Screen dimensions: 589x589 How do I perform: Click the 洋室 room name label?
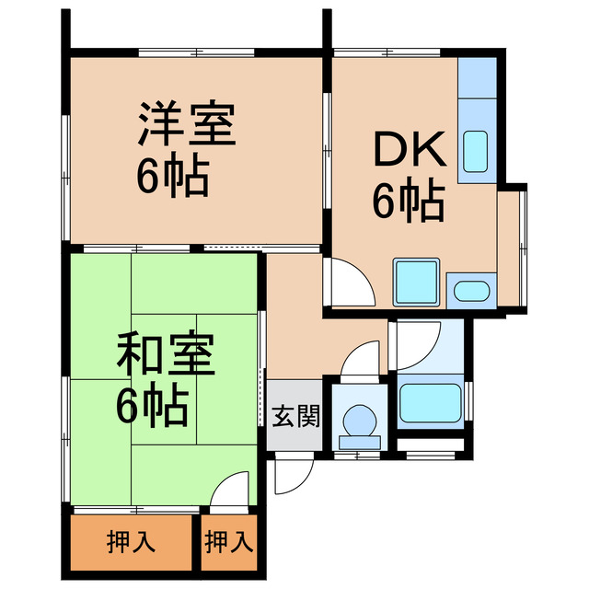[188, 125]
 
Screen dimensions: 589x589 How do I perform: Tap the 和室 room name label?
[166, 354]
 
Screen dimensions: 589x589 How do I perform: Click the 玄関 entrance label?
[296, 417]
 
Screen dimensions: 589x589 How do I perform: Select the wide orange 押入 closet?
[130, 543]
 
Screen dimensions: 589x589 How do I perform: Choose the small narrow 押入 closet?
[228, 543]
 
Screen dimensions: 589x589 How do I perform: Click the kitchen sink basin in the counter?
[475, 150]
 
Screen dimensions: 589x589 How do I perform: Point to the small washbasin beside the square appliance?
[471, 291]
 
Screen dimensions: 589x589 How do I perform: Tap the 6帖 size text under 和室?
[153, 405]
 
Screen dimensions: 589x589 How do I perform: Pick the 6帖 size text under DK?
[408, 200]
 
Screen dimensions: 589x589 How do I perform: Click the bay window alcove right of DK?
[511, 248]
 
